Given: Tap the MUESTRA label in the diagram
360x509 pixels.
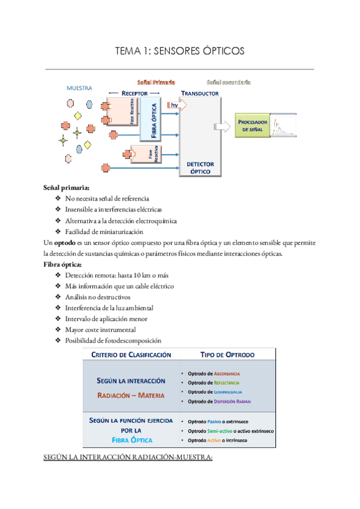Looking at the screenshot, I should pyautogui.click(x=79, y=88).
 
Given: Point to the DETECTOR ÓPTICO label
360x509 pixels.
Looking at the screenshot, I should pyautogui.click(x=200, y=167).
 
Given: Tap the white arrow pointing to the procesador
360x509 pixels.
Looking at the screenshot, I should pyautogui.click(x=221, y=126).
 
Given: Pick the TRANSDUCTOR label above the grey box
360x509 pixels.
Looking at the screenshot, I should pyautogui.click(x=200, y=94).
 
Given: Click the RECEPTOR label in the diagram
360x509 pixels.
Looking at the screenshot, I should pyautogui.click(x=134, y=94).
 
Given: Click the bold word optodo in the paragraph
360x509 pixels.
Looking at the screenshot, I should pyautogui.click(x=65, y=242).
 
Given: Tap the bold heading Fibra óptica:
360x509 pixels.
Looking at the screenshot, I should pyautogui.click(x=63, y=264).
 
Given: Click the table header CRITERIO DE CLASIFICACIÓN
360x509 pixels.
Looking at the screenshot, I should pyautogui.click(x=131, y=355).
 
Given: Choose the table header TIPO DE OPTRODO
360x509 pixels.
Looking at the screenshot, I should pyautogui.click(x=227, y=355).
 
